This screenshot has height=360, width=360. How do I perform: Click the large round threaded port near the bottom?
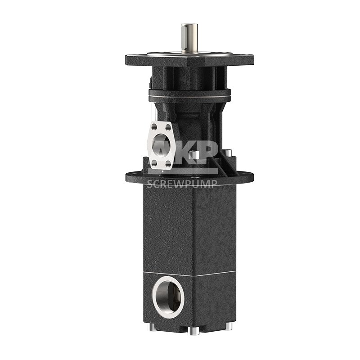pyautogui.click(x=168, y=296)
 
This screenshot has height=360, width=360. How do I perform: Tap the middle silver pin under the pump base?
pyautogui.click(x=194, y=330)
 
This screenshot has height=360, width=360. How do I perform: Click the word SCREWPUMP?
pyautogui.click(x=183, y=183)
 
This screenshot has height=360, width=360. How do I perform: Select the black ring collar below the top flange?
pyautogui.click(x=189, y=94)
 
